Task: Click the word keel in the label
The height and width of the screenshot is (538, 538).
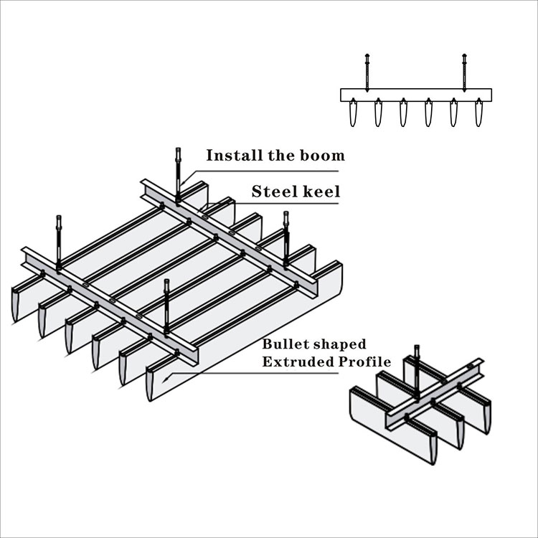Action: point(320,192)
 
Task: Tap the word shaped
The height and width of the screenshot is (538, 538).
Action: point(341,345)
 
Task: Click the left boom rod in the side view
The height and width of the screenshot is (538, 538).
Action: point(367,72)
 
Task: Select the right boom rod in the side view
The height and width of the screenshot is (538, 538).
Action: point(464,72)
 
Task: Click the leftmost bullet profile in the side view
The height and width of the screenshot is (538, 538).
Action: point(353,114)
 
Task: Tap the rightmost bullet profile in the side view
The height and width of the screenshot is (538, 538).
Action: point(478,114)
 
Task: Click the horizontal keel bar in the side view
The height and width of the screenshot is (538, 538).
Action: point(415,95)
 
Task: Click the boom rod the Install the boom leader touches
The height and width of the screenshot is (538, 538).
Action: point(178,172)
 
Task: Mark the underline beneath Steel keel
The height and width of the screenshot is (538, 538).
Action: point(287,204)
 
